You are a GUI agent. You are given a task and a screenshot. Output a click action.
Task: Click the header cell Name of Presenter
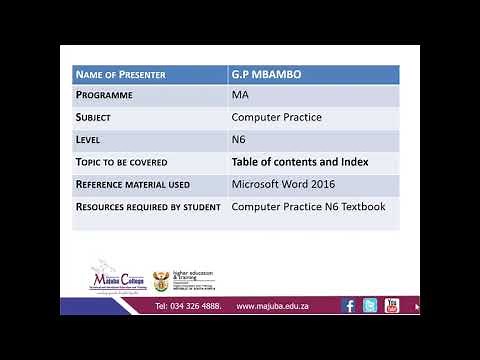[x=121, y=75]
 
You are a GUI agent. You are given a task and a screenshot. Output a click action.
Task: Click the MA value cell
[x=240, y=96]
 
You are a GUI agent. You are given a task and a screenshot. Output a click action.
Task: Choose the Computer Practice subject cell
[x=276, y=118]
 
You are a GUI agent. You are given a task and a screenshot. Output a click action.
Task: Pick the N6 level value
[x=239, y=140]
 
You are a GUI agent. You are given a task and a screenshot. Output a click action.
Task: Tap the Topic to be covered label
[x=122, y=162]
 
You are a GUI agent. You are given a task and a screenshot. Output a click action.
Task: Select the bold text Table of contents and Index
[x=300, y=162]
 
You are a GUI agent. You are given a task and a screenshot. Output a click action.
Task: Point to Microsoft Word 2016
[x=283, y=184]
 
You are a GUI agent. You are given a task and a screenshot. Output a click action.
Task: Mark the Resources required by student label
[x=143, y=206]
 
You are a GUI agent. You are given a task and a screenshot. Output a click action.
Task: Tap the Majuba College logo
[x=118, y=276]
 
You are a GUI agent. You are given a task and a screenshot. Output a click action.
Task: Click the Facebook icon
[x=349, y=306]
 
